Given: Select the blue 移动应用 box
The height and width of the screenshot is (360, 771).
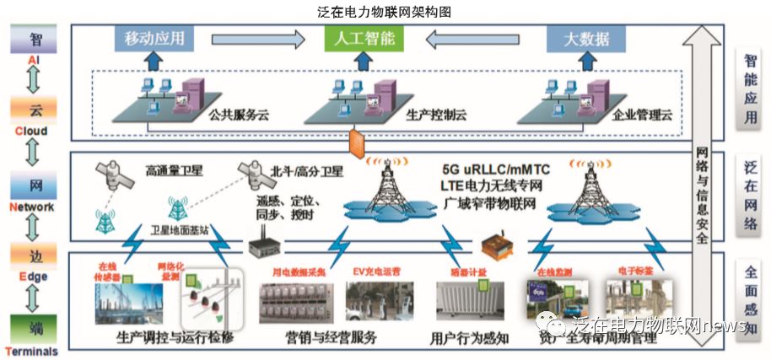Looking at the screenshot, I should click(x=154, y=38).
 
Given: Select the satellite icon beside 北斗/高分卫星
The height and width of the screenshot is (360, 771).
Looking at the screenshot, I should click(x=251, y=174).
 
